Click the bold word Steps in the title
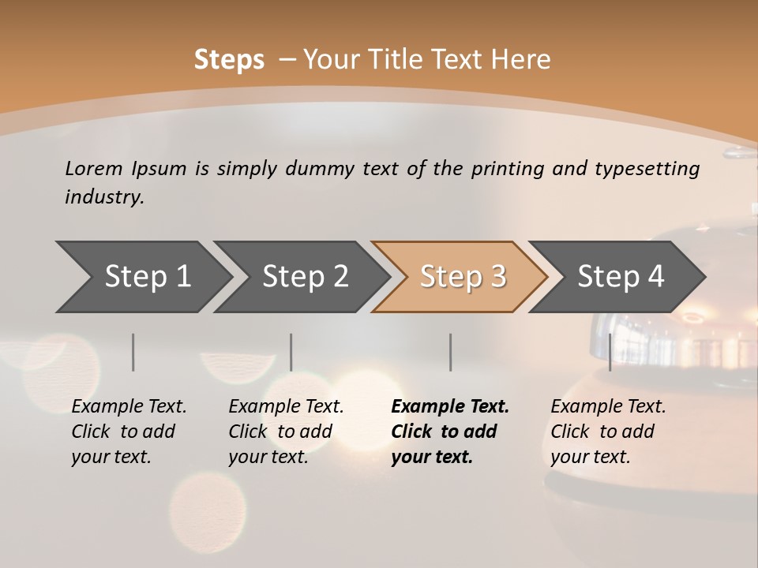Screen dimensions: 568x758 [229, 59]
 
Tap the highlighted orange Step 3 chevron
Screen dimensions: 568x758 [463, 276]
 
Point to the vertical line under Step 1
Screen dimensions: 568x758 [133, 352]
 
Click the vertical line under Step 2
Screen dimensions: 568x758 [291, 352]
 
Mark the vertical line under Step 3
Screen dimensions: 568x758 [450, 352]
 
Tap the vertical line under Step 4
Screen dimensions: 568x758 [610, 352]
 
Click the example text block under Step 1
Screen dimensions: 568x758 [129, 432]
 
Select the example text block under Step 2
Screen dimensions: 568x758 [286, 432]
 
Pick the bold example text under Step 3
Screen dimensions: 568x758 [449, 432]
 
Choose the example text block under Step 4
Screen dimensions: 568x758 [608, 432]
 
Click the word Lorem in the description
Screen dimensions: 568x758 [94, 168]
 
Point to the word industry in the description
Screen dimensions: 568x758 [104, 197]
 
